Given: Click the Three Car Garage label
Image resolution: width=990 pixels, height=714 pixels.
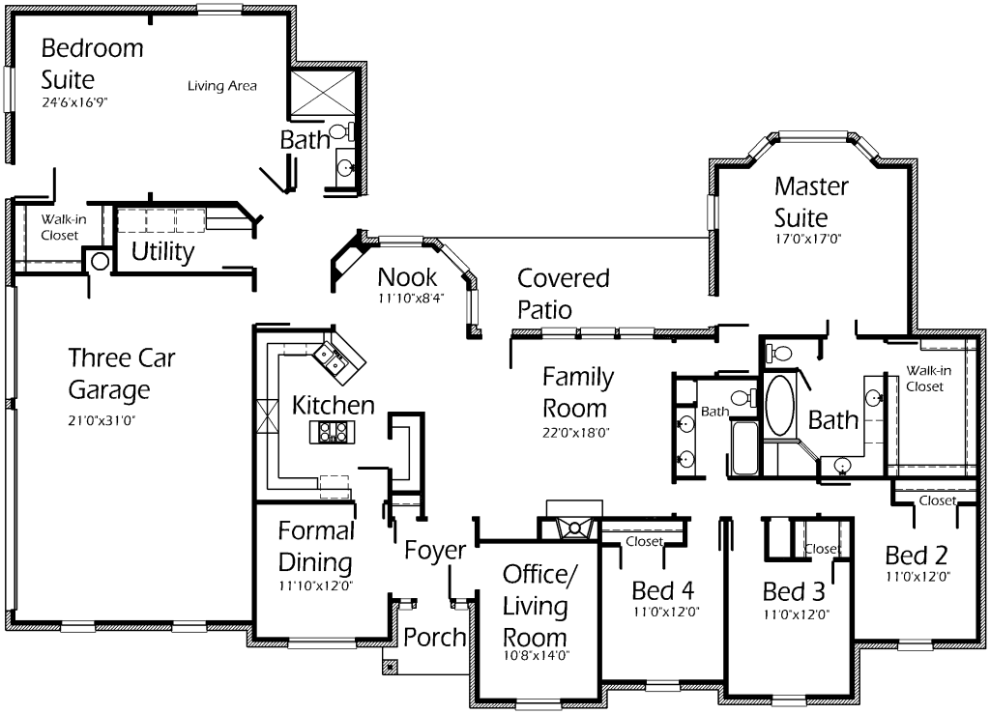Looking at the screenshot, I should coord(108,375).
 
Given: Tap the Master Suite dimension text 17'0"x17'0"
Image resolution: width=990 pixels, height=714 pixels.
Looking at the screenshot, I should coord(810,239).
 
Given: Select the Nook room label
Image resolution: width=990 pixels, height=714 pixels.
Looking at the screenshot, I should coord(407,278).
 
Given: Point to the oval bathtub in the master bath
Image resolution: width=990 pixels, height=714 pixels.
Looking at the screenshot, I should coord(778,406).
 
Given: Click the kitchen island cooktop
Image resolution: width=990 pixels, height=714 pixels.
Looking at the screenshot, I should coord(333,432).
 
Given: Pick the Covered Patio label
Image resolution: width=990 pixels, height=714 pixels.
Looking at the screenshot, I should coord(563,294).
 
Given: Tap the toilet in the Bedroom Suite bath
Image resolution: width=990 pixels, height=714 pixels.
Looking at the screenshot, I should coord(340,130).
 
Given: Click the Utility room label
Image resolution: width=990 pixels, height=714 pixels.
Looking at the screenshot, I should coord(162,253).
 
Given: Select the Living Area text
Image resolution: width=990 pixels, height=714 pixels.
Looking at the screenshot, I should coord(221,86).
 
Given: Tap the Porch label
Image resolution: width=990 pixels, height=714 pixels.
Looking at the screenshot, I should coord(434,638).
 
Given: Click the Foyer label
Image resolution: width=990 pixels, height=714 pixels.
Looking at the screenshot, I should coord(435,551).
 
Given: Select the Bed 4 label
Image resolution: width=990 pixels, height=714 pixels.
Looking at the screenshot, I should coord(663,589).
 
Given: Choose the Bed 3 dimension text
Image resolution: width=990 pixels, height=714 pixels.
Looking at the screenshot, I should coord(796,614).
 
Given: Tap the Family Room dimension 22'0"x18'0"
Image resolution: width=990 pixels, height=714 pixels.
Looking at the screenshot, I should coord(574,433).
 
